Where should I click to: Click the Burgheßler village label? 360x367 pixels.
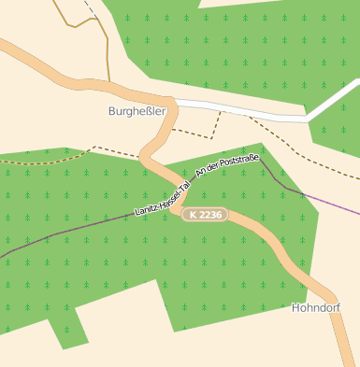pyautogui.click(x=137, y=111)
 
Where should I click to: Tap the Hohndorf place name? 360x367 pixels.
pyautogui.click(x=315, y=307)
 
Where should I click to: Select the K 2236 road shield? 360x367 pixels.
pyautogui.click(x=205, y=215)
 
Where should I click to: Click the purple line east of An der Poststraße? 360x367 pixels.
pyautogui.click(x=318, y=198)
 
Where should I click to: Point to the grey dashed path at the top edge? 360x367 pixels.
pyautogui.click(x=88, y=8)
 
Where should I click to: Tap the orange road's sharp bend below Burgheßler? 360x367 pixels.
pyautogui.click(x=146, y=155)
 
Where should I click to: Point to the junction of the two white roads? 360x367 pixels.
pyautogui.click(x=308, y=118)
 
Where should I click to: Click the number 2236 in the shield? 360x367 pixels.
pyautogui.click(x=209, y=215)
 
